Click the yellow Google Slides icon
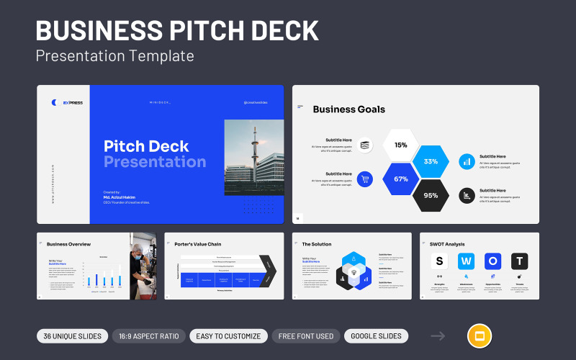click(480, 336)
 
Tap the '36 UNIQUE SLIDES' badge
click(73, 336)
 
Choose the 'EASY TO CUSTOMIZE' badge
click(228, 336)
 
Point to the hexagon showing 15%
click(400, 145)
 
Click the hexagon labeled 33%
click(431, 161)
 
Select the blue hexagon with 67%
click(400, 179)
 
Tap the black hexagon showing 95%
click(431, 195)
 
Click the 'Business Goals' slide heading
click(348, 109)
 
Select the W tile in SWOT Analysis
click(466, 261)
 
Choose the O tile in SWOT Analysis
click(492, 261)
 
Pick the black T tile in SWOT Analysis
click(519, 261)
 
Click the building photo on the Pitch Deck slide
click(254, 156)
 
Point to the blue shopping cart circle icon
click(365, 179)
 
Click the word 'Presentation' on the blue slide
click(155, 162)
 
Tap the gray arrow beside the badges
click(438, 336)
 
